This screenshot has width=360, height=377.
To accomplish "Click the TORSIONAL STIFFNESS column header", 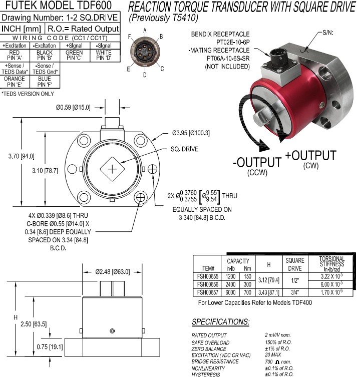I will coord(331,263).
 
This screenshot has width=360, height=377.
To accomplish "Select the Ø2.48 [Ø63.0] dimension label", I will coord(113,272).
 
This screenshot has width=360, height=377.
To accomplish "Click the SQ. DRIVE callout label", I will coord(184,149).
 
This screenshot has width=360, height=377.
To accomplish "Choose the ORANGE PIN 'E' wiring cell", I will coord(15,82).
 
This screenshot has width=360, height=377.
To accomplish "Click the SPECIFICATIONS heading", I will coord(220,321).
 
